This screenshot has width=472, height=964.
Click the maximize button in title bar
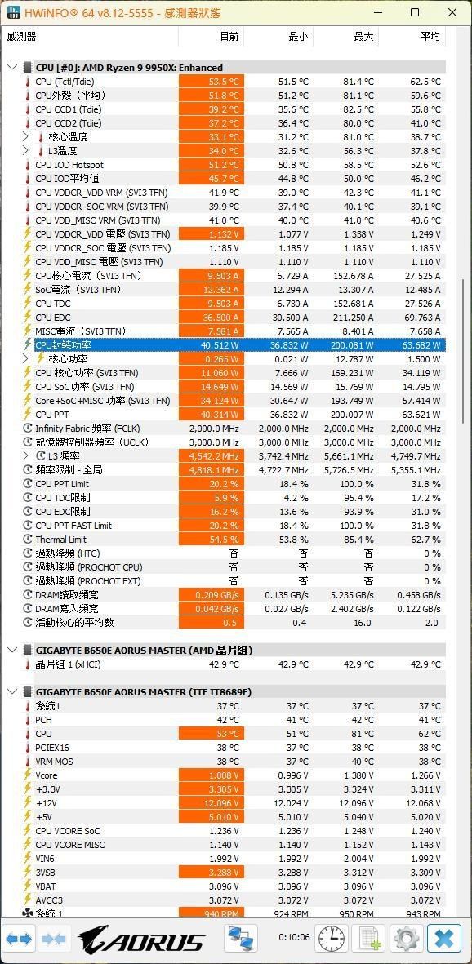pos(414,13)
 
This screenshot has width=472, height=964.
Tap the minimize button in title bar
pos(376,13)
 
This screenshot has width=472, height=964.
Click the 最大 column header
pos(363,37)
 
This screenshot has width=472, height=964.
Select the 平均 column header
pos(430,37)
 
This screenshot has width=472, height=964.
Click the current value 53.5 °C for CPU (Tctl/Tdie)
pos(212,82)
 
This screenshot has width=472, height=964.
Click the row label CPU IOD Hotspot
pos(69,165)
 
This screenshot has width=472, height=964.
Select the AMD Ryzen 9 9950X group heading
pos(129,68)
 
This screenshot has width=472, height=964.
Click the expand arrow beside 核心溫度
pos(26,137)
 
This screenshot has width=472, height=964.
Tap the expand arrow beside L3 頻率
pos(26,456)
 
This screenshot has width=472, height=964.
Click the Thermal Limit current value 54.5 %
pos(212,540)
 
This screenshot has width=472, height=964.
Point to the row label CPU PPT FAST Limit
pos(73,526)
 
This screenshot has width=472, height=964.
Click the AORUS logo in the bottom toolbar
pos(142,940)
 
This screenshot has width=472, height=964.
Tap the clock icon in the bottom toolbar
pos(331,939)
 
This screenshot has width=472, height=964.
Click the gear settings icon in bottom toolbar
pos(406,939)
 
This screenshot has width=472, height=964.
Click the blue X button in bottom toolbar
pos(444,939)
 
